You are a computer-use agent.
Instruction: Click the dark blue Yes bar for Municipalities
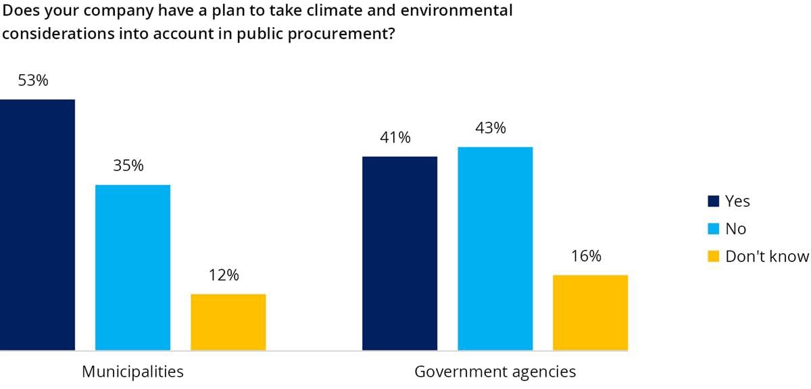pos(37,225)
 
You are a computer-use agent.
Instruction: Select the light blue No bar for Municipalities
pos(132,267)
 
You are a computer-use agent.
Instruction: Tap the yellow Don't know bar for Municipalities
pos(228,322)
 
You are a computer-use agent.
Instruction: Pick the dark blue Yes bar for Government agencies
pos(399,253)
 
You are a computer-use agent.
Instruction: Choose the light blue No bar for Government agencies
pos(495,249)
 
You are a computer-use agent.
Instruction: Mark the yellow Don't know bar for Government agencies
pos(590,313)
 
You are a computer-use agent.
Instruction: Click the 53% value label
pos(33,81)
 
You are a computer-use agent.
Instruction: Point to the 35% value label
pos(128,166)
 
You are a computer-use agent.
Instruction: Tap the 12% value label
pos(224,276)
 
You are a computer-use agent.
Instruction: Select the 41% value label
pos(395,138)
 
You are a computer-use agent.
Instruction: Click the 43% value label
pos(491,128)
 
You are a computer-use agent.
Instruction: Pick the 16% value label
pos(586,257)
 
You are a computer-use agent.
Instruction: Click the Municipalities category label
pos(132,371)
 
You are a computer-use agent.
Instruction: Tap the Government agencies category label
pos(495,371)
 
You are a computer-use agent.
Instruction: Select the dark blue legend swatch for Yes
pos(713,201)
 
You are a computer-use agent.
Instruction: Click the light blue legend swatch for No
pos(713,229)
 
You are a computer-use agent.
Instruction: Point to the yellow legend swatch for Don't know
pos(713,257)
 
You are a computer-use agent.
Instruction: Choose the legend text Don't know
pos(766,257)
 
